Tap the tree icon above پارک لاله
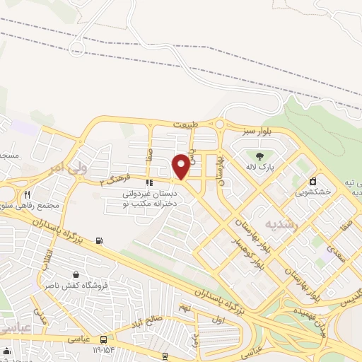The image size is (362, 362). pyautogui.click(x=259, y=156)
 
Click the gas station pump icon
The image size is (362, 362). pyautogui.click(x=98, y=240)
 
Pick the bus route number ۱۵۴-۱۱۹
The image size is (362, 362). pyautogui.click(x=99, y=350)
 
